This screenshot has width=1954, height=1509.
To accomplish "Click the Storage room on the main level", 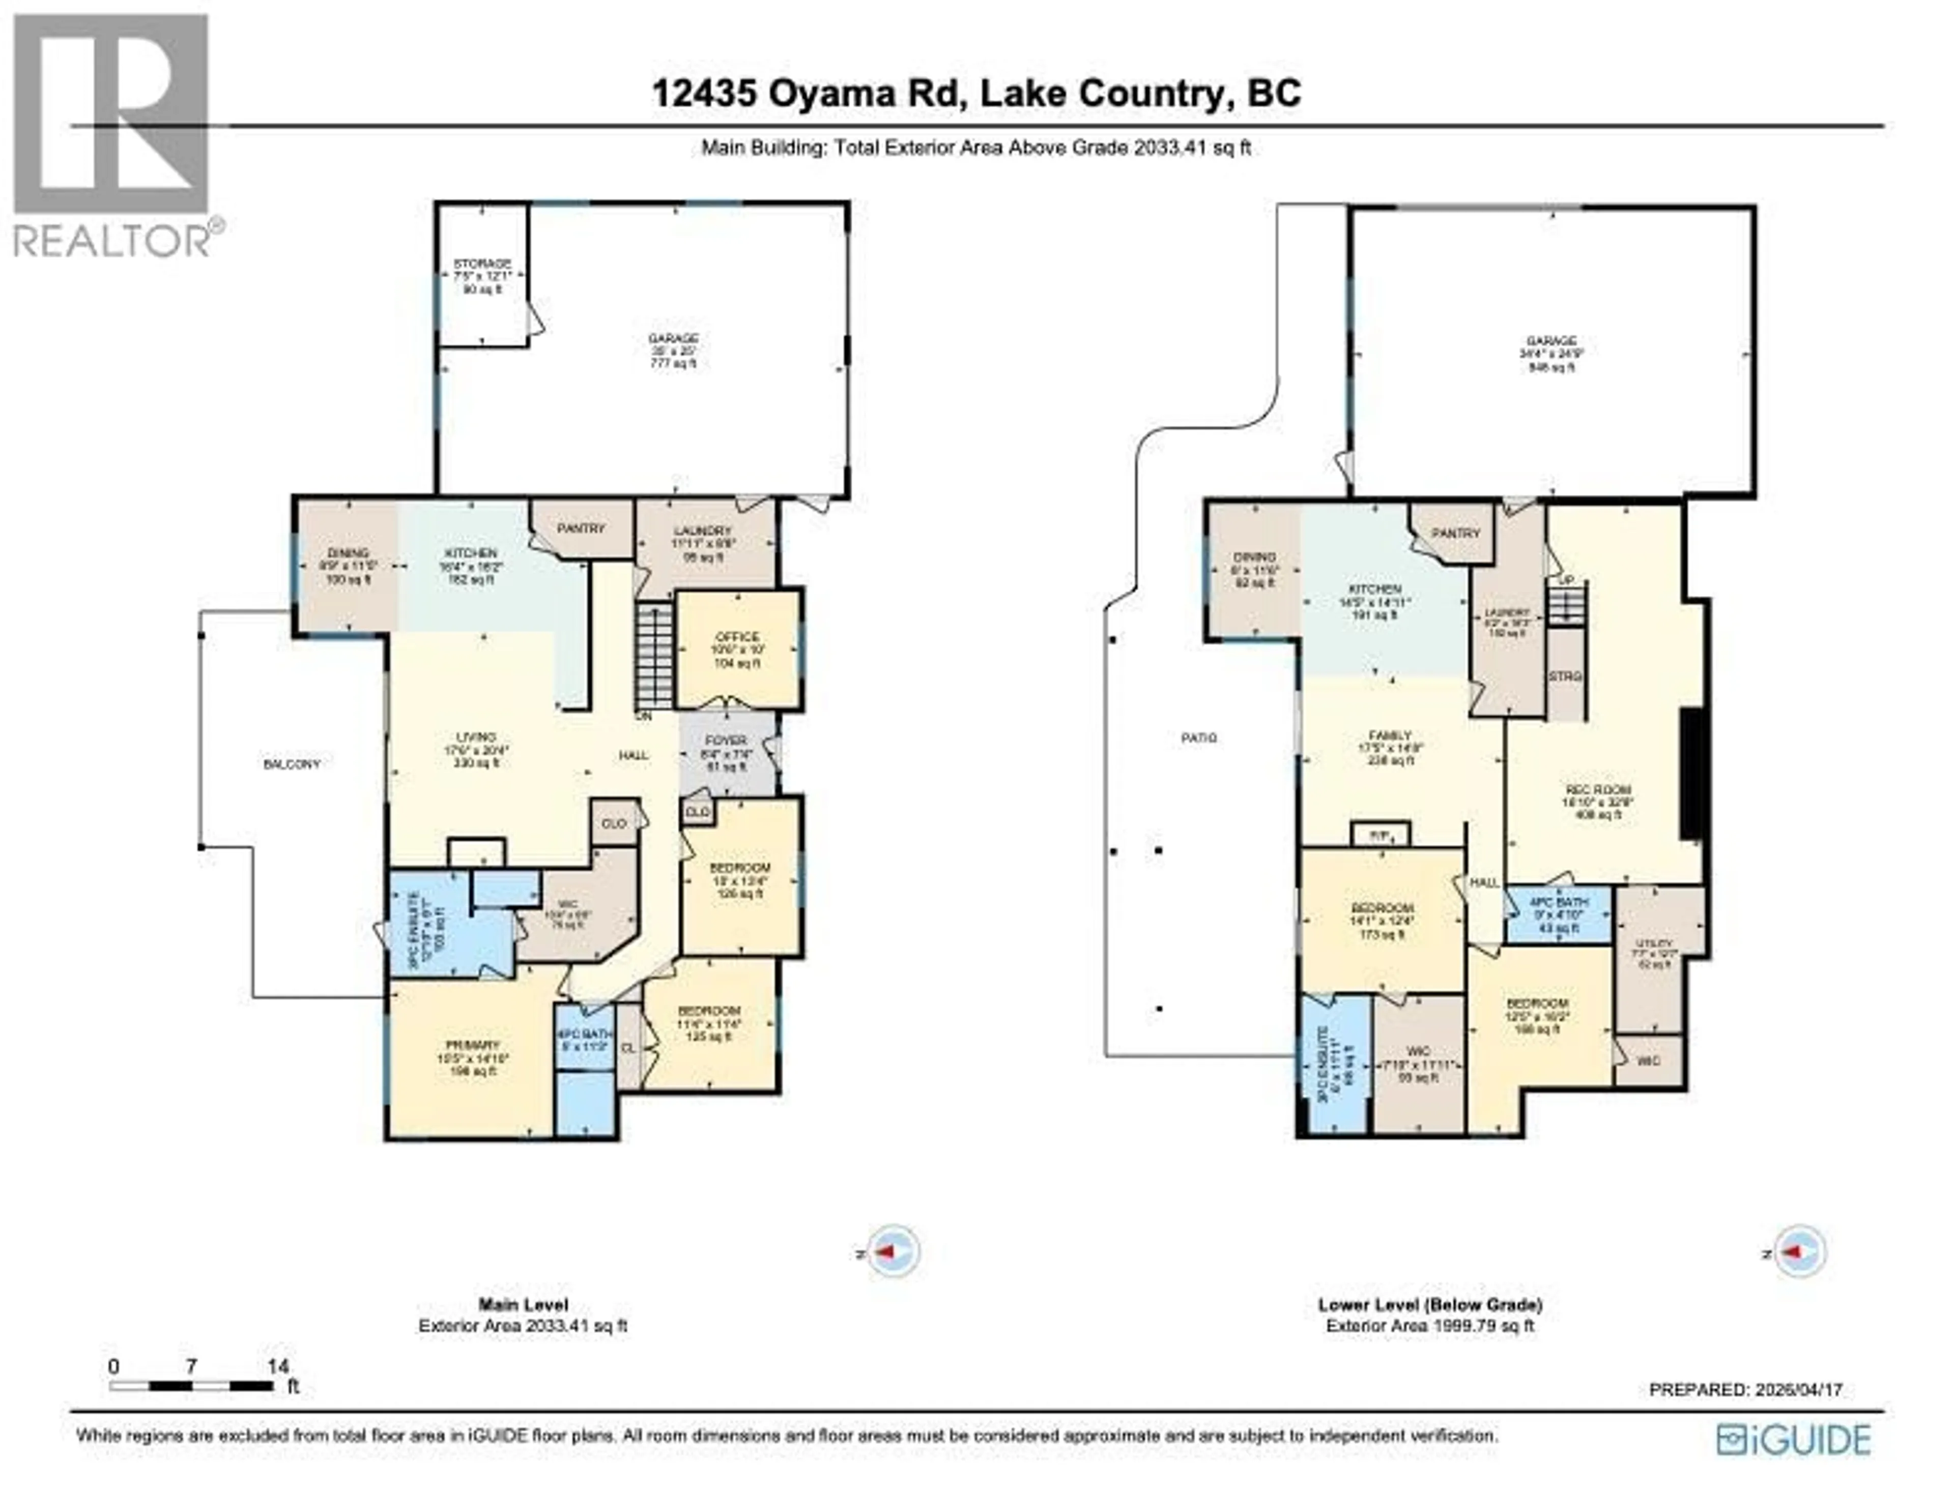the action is [482, 276].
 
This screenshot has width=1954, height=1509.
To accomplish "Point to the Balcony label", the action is [292, 764].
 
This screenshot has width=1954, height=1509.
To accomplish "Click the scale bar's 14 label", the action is [278, 1366].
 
